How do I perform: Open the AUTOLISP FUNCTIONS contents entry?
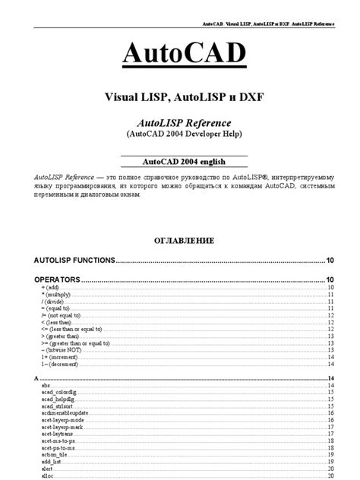pos(74,260)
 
